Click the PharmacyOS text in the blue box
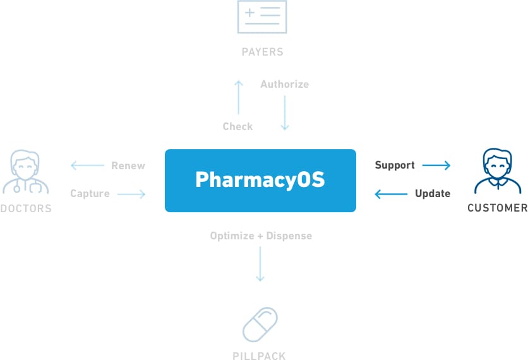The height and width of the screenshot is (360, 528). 260,180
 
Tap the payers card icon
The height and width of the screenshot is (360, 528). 261,17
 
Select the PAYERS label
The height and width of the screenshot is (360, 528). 262,52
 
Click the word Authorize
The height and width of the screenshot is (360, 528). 285,84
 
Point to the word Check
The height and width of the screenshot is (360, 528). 237,126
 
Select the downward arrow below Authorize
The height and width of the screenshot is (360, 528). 285,113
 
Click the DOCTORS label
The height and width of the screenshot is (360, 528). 26,208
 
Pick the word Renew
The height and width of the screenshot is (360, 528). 128,165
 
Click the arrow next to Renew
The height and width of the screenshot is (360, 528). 87,165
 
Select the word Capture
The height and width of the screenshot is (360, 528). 90,193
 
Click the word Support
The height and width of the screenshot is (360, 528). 395,165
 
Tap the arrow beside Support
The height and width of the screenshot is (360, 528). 436,165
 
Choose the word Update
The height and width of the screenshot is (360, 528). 433,193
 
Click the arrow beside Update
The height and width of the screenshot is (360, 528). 391,194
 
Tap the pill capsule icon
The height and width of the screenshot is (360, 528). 260,325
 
